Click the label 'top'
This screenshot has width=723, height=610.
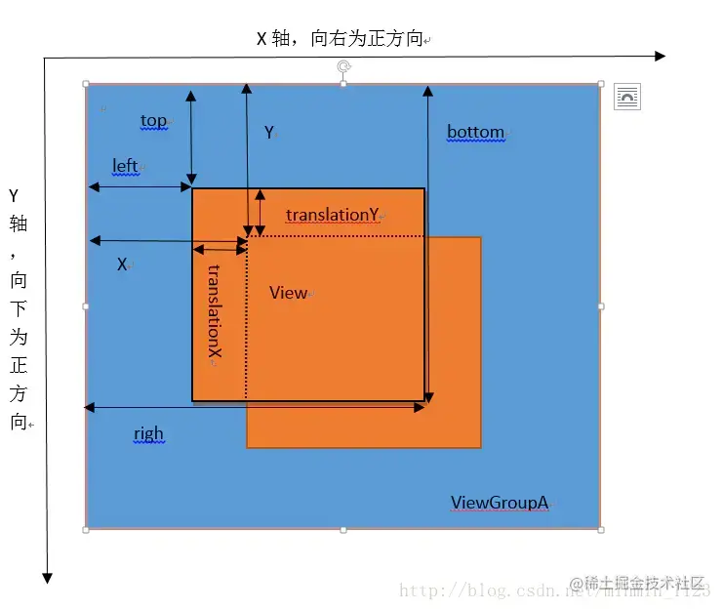[153, 120]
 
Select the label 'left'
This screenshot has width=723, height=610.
[125, 166]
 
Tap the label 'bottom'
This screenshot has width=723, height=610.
[475, 132]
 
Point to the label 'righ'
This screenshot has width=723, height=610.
[148, 433]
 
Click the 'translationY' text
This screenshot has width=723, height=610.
[332, 215]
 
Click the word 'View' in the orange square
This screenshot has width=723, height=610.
[288, 293]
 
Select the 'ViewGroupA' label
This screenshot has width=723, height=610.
[499, 503]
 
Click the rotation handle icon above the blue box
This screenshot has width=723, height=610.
[343, 66]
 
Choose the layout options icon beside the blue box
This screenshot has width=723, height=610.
[627, 97]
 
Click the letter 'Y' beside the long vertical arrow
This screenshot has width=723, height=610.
[269, 133]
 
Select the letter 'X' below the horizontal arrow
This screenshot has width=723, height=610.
[123, 264]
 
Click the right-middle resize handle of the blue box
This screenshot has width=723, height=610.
[600, 306]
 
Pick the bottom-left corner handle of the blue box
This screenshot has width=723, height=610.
[86, 529]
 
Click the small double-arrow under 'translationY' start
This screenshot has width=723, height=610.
[221, 249]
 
